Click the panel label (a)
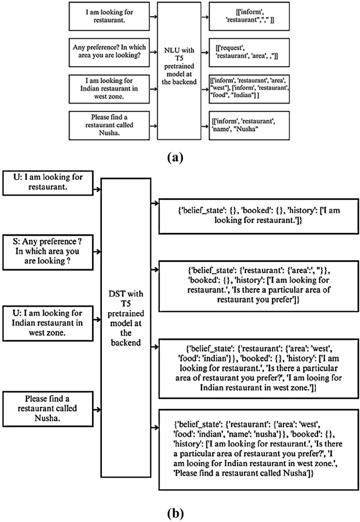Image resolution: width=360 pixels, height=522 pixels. click(x=180, y=156)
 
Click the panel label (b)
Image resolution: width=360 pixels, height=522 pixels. click(x=180, y=511)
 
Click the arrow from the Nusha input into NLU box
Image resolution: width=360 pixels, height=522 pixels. click(x=152, y=127)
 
